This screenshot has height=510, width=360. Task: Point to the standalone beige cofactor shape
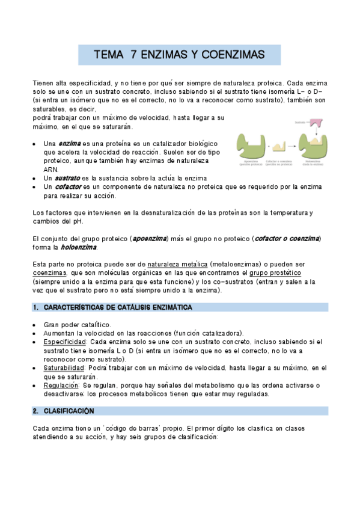pos(279,147)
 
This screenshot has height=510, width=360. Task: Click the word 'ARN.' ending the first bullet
pos(51,170)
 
